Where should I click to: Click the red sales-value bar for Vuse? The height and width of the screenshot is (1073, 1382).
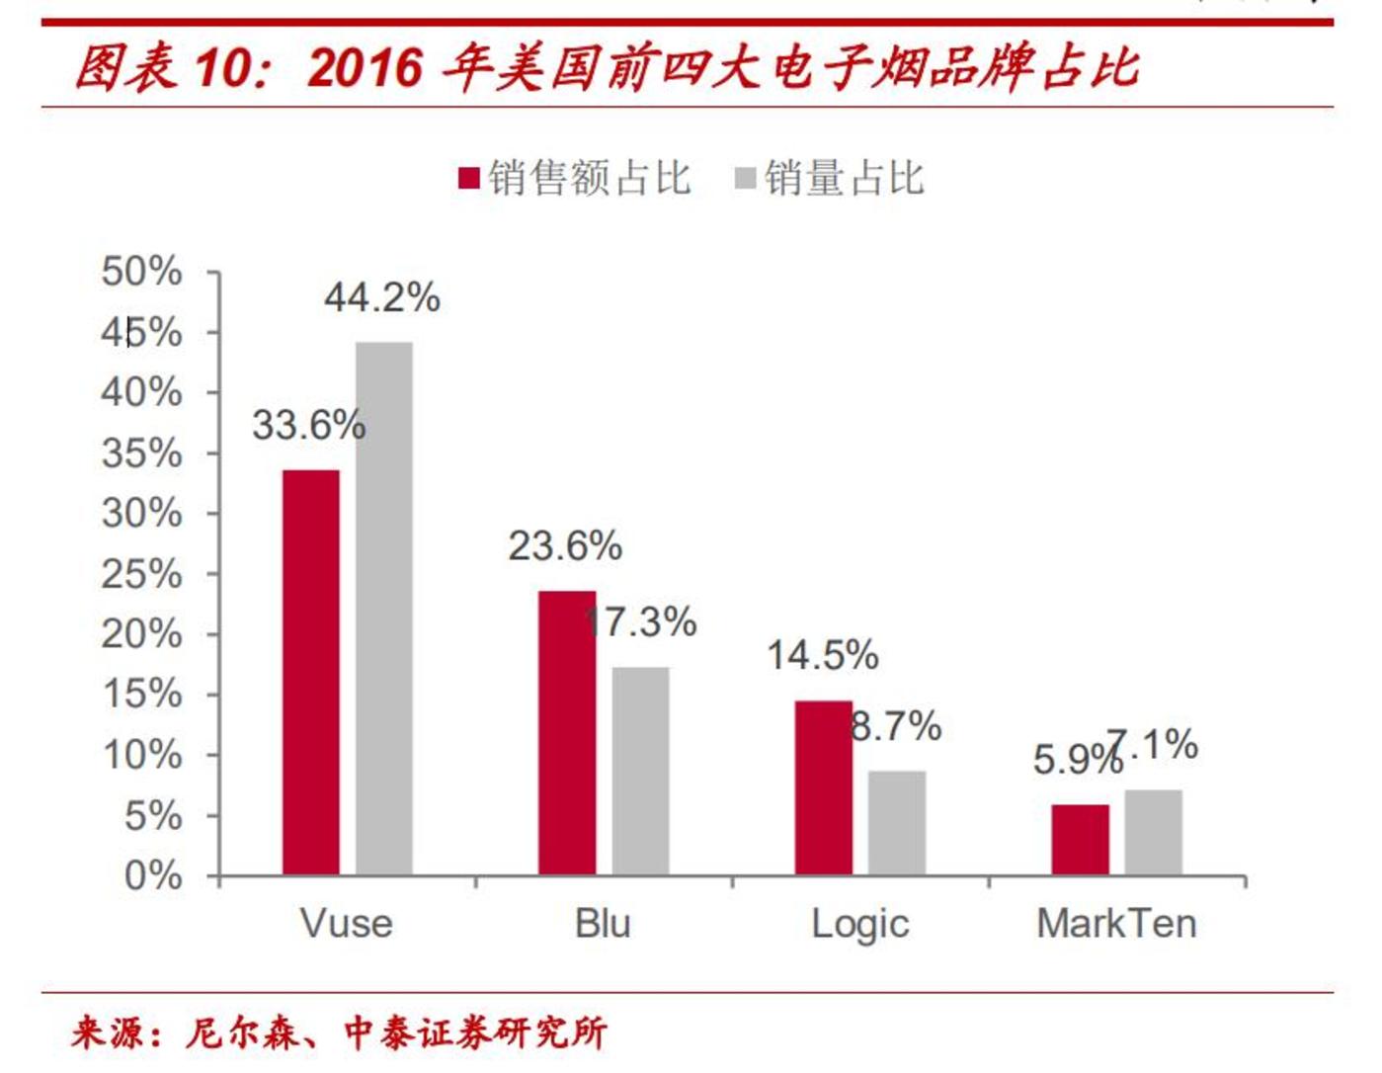(x=311, y=672)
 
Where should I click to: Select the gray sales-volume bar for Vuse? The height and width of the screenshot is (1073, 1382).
(x=384, y=608)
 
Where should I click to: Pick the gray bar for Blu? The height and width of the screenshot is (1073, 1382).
(x=640, y=771)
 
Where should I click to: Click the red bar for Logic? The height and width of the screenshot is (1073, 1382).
(x=823, y=787)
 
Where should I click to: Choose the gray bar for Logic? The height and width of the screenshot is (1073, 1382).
(x=897, y=822)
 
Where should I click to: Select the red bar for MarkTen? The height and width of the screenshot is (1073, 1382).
(x=1080, y=840)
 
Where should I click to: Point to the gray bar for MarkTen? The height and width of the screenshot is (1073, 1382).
(x=1153, y=832)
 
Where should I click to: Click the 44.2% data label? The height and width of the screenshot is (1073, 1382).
(x=382, y=297)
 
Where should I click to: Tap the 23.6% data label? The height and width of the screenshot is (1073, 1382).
(x=565, y=546)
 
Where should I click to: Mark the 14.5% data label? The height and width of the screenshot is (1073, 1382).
(x=822, y=655)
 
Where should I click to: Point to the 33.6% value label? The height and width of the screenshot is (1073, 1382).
(x=308, y=426)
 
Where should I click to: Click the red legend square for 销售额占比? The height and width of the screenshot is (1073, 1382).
(x=469, y=179)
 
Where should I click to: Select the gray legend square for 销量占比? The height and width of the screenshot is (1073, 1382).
(x=745, y=179)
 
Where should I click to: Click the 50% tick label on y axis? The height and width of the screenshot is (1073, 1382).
(x=142, y=272)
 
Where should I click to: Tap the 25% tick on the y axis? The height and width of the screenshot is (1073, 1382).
(x=142, y=574)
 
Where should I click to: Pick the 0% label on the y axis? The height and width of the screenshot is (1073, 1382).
(x=153, y=875)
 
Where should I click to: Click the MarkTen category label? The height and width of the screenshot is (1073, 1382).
(x=1116, y=924)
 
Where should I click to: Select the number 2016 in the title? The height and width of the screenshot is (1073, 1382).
(x=365, y=68)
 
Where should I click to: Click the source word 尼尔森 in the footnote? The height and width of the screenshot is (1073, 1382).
(x=243, y=1032)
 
